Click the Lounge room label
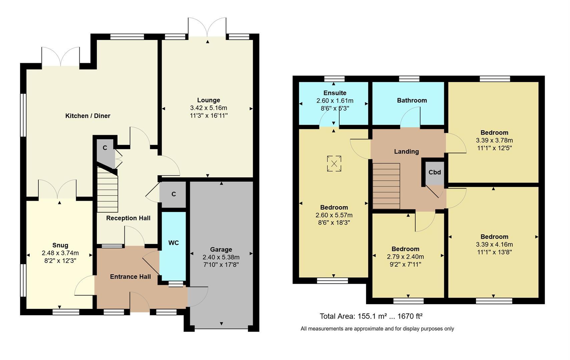pyautogui.click(x=208, y=100)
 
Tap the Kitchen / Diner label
pyautogui.click(x=88, y=116)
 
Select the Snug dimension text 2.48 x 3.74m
pyautogui.click(x=60, y=253)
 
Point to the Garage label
pyautogui.click(x=221, y=249)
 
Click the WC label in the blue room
pyautogui.click(x=173, y=243)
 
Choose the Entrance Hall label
pyautogui.click(x=130, y=277)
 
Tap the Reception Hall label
pyautogui.click(x=128, y=218)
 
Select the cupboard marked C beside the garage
pyautogui.click(x=173, y=194)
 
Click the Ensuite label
pyautogui.click(x=335, y=93)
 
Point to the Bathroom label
pyautogui.click(x=412, y=100)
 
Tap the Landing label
pyautogui.click(x=406, y=152)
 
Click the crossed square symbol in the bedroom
pyautogui.click(x=334, y=163)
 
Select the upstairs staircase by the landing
pyautogui.click(x=386, y=186)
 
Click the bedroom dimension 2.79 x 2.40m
pyautogui.click(x=405, y=257)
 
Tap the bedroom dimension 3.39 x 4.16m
pyautogui.click(x=494, y=244)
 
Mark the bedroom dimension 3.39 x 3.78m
pyautogui.click(x=494, y=140)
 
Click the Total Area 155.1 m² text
pyautogui.click(x=371, y=316)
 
